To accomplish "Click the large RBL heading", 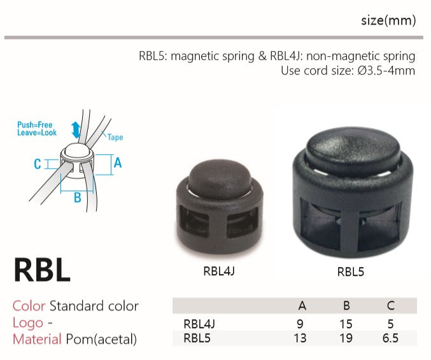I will [x=42, y=270].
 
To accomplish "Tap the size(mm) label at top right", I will [x=388, y=20].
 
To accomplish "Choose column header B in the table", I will [x=346, y=306].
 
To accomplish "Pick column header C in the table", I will [x=390, y=306].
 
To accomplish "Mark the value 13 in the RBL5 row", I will [x=300, y=338].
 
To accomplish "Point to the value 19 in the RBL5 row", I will [x=346, y=338].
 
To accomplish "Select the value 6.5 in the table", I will [x=390, y=338].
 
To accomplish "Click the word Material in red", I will [x=37, y=339].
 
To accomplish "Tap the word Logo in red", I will [x=28, y=322].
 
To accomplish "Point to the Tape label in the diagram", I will [x=115, y=137].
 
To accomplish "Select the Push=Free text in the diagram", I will [x=35, y=126].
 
